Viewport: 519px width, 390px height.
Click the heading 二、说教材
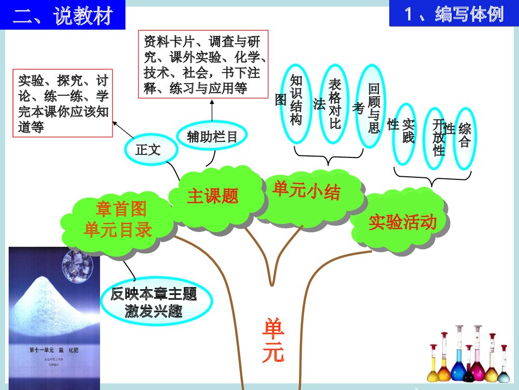[x=63, y=16]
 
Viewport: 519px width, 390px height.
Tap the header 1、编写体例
[x=454, y=14]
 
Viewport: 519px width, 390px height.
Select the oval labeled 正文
[x=148, y=151]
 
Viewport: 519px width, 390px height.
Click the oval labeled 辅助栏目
[x=212, y=137]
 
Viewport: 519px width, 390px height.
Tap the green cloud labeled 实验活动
[x=402, y=222]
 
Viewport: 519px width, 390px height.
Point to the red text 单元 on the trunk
[x=273, y=341]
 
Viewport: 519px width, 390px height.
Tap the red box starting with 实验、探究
[x=63, y=103]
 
